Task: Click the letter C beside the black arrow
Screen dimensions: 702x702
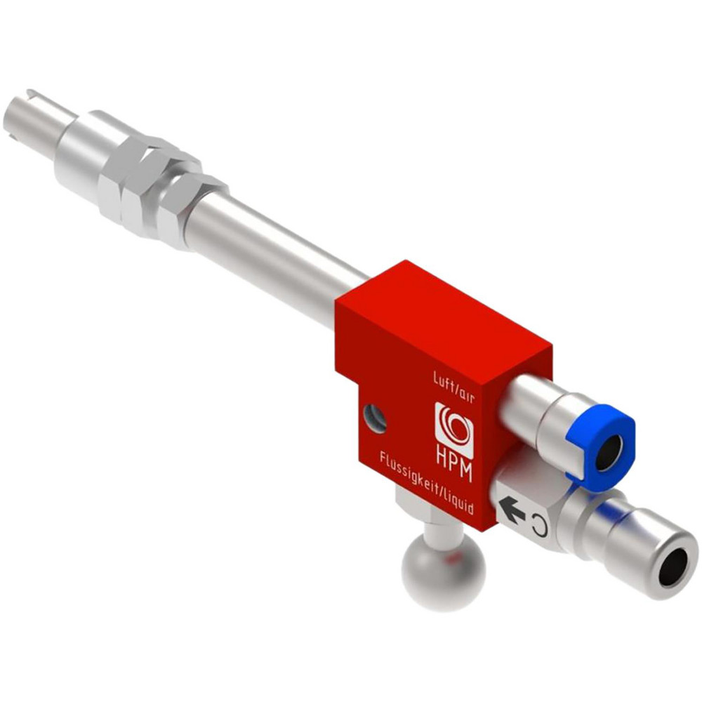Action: tap(538, 522)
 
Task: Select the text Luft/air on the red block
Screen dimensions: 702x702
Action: tap(455, 385)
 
